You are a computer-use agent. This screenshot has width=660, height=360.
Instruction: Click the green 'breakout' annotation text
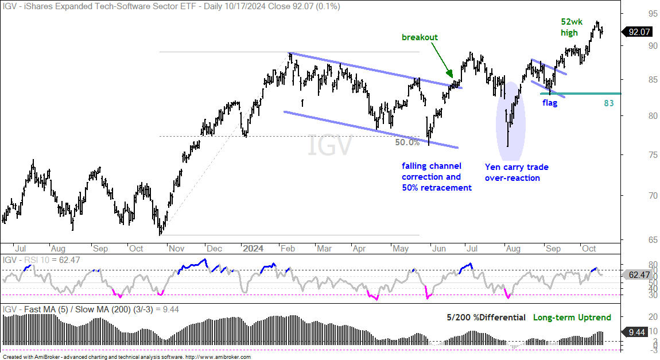[420, 37]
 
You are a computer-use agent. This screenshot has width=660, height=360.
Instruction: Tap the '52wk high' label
[572, 27]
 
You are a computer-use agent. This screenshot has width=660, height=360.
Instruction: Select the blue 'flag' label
[550, 103]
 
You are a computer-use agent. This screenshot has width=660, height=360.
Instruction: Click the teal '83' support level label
[609, 103]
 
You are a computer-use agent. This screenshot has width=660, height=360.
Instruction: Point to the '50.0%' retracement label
[407, 142]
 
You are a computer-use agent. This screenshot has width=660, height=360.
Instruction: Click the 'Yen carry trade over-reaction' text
[517, 172]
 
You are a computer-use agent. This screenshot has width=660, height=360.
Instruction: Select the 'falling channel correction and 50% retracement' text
[437, 177]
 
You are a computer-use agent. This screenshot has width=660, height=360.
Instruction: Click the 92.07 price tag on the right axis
[638, 32]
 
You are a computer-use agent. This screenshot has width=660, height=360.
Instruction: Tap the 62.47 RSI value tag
[638, 275]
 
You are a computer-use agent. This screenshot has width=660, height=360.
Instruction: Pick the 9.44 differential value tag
[636, 332]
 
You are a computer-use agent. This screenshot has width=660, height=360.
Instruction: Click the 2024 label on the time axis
[253, 249]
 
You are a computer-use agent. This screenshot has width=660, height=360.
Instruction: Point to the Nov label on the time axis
[176, 249]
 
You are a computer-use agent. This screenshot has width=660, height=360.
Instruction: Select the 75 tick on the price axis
[652, 155]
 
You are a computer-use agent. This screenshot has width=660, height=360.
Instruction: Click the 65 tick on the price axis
[652, 240]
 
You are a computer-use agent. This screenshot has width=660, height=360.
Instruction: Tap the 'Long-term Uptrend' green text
[572, 318]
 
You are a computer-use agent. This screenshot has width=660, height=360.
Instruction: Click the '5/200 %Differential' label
[486, 318]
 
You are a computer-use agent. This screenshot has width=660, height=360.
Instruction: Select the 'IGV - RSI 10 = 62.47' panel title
[41, 260]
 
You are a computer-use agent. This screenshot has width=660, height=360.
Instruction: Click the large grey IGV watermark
[329, 145]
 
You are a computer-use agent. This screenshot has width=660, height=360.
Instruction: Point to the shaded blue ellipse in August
[510, 121]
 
